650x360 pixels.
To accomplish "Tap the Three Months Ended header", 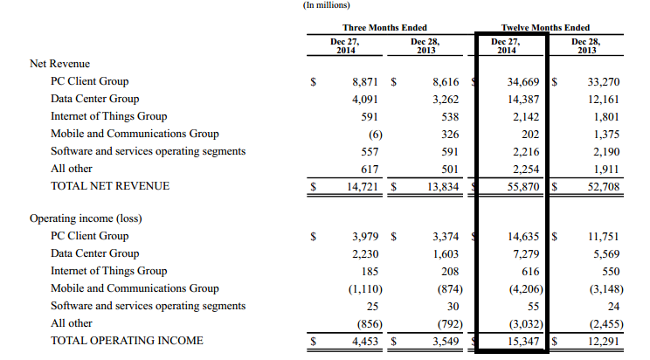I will coord(384,28).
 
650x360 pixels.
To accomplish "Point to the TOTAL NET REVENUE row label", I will coord(110,186).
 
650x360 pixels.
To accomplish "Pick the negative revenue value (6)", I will coord(375,134).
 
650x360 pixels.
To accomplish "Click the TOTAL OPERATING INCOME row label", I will coord(127,341).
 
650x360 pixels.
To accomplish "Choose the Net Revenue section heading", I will coord(59,64).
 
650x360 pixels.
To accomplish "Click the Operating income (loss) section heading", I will coord(86,218).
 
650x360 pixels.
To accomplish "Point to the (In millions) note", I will coord(328,5).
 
